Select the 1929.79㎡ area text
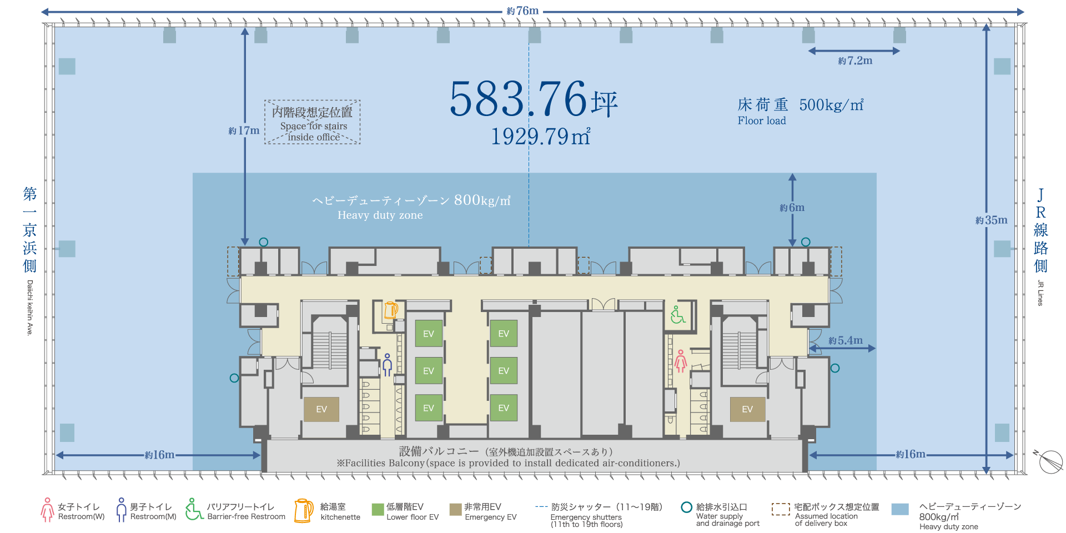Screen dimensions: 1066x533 coord(540,136)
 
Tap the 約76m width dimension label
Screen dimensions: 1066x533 coord(522,11)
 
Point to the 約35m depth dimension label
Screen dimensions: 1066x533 coord(992,220)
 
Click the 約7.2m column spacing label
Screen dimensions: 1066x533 coord(855,61)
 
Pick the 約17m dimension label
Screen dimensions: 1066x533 coord(244,130)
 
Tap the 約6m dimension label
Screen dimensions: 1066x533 coord(792,208)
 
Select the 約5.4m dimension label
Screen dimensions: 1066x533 coord(846,340)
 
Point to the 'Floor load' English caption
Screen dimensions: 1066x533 coord(762,120)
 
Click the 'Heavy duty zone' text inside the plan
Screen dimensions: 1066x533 coord(380,215)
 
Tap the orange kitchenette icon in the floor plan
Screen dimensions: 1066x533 coord(391,310)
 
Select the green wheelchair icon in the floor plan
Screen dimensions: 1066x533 coord(677,314)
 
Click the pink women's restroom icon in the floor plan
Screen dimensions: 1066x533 coord(681,360)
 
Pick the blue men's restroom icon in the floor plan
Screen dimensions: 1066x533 coord(388,364)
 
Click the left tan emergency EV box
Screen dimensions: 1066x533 coord(321,409)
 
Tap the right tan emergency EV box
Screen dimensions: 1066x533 coord(747,409)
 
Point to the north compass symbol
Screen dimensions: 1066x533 coord(1049,461)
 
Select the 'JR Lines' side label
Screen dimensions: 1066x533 coord(1040,293)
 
